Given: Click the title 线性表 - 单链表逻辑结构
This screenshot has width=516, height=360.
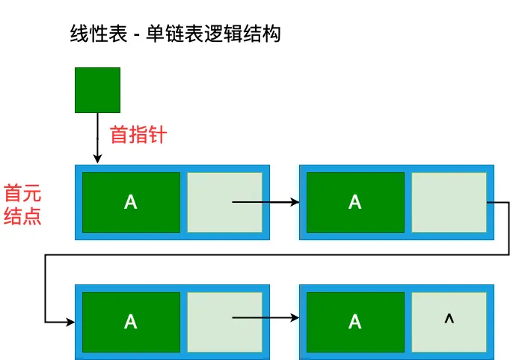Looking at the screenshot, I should (x=173, y=34).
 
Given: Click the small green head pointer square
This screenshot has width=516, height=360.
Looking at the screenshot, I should (x=97, y=90).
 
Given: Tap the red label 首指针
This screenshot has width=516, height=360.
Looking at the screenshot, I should (x=138, y=135).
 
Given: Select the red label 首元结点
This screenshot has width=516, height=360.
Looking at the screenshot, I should (x=22, y=205).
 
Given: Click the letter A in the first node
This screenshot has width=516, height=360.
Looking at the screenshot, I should (x=131, y=202).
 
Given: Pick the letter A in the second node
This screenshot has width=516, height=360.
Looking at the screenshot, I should (x=355, y=202).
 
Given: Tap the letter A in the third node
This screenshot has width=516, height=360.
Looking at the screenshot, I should (x=131, y=322).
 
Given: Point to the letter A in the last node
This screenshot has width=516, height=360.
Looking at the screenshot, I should (x=355, y=322).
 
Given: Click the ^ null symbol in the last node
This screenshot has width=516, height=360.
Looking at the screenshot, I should (x=449, y=320).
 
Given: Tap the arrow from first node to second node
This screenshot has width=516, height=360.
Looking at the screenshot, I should (x=265, y=202).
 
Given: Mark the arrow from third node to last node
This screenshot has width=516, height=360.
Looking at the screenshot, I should (x=265, y=318).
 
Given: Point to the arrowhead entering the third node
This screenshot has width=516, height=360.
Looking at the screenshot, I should (x=70, y=322).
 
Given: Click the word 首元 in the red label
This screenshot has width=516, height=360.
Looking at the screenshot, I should (x=22, y=194).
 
